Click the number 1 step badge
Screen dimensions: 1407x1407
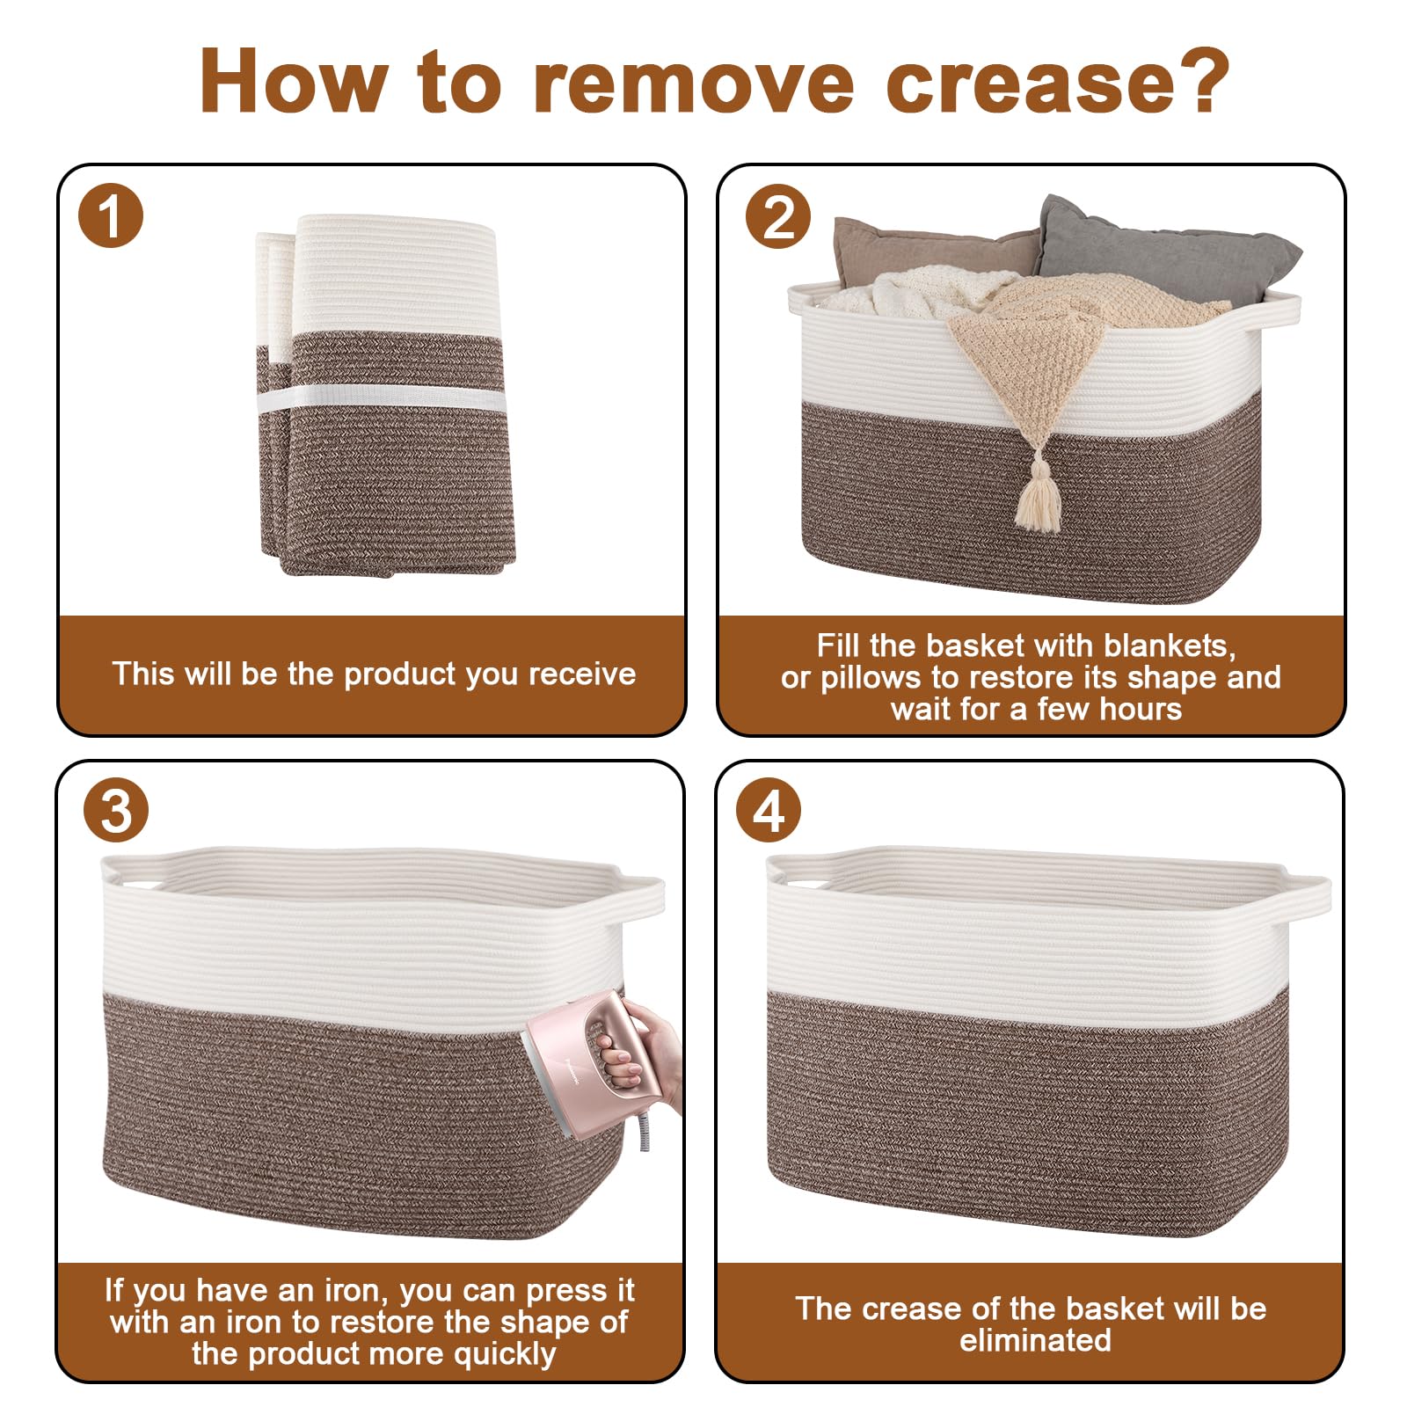click(x=111, y=216)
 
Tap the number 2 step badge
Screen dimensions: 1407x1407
click(x=778, y=216)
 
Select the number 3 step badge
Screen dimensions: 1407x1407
click(x=116, y=810)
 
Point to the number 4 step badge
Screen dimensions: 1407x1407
click(x=769, y=810)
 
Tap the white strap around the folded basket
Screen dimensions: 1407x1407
click(x=382, y=398)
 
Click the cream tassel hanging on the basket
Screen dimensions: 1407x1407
click(x=1039, y=500)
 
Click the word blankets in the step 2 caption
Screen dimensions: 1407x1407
click(x=1169, y=646)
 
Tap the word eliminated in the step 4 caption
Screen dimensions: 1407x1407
click(x=1035, y=1340)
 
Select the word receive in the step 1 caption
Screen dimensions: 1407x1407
click(x=582, y=674)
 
